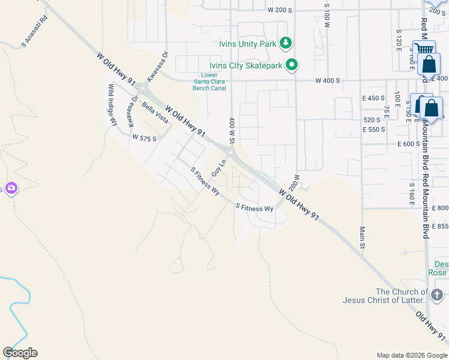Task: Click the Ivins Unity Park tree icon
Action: click(x=286, y=43)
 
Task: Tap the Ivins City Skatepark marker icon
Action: click(x=292, y=65)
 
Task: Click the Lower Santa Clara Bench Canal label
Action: click(x=209, y=82)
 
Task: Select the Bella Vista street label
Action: click(x=155, y=112)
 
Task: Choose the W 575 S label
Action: click(x=145, y=138)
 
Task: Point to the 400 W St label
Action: click(x=231, y=130)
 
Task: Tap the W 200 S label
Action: click(x=280, y=10)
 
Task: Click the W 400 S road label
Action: click(x=328, y=80)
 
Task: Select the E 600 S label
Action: click(x=408, y=144)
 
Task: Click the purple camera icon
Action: click(x=11, y=189)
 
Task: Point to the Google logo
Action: click(x=20, y=353)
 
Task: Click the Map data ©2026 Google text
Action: click(x=411, y=355)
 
